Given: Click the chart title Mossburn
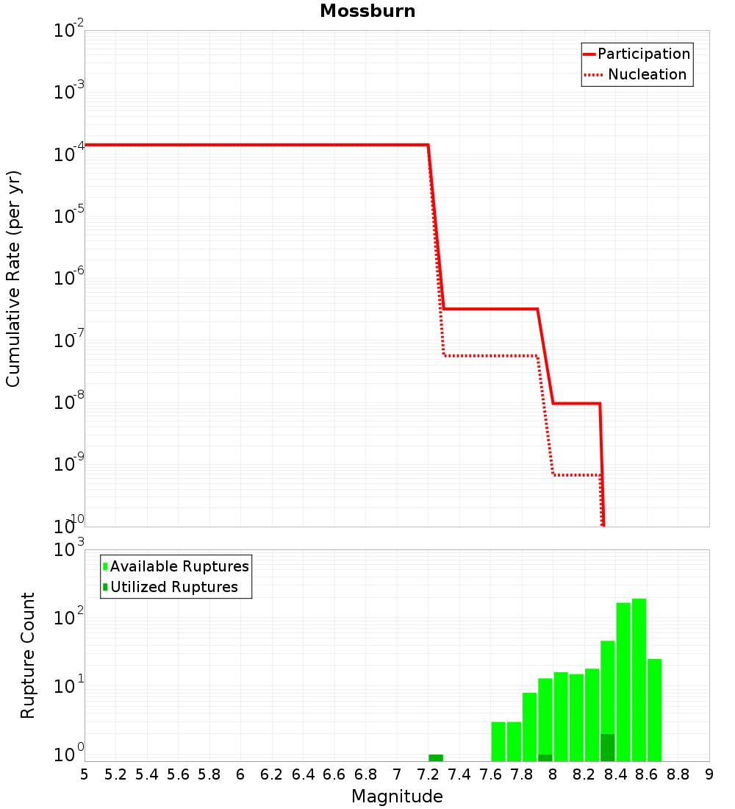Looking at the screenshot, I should [367, 11].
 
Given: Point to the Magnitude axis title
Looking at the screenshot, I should [397, 796].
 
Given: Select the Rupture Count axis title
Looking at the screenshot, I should [28, 655].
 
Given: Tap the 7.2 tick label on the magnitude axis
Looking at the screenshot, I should [428, 774].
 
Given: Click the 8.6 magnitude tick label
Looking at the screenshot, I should [647, 774].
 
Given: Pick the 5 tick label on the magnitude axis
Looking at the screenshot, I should [85, 774].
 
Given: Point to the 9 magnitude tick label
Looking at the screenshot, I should [709, 774].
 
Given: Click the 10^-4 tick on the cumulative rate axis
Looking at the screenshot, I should [68, 154].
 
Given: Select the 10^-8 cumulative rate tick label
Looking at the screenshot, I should [68, 402].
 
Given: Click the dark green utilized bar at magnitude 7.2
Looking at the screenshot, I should [436, 758].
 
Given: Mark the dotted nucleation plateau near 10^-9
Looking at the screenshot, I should [576, 474].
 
